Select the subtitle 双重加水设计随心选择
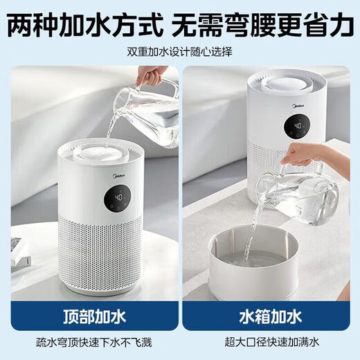click(179, 52)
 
